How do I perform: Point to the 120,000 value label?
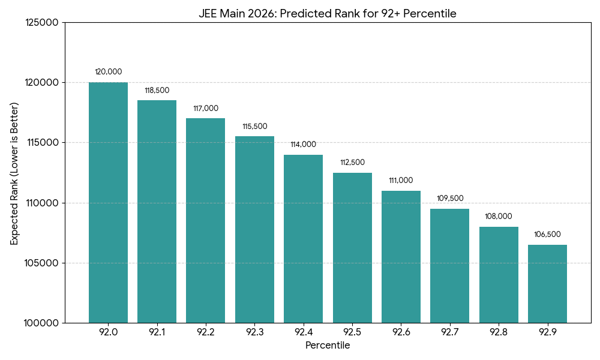(x=108, y=72)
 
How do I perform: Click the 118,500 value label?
(x=157, y=91)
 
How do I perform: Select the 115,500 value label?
(x=254, y=127)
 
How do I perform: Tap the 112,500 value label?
(x=352, y=163)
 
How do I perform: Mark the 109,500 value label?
(x=450, y=199)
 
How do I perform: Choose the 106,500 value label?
(x=547, y=235)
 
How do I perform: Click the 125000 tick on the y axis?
(x=42, y=23)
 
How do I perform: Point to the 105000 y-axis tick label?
(x=42, y=263)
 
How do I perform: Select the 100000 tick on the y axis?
(x=42, y=323)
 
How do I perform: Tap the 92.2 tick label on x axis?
(x=206, y=332)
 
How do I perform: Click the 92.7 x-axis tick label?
(x=450, y=332)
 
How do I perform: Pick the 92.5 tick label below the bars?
(x=352, y=332)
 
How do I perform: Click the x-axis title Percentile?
(x=328, y=346)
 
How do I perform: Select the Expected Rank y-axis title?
(x=14, y=173)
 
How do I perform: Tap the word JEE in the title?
(x=208, y=14)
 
